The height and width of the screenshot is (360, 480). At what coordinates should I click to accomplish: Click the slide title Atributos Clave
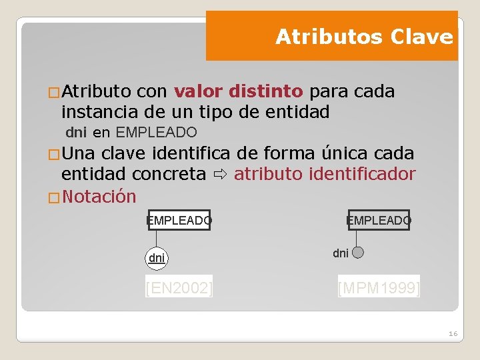364,37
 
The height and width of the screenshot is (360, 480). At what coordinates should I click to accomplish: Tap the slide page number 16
453,333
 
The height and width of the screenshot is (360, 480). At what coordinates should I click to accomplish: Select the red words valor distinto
238,91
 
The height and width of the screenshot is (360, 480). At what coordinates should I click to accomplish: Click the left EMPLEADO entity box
179,220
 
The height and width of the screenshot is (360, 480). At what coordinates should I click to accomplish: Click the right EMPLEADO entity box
379,220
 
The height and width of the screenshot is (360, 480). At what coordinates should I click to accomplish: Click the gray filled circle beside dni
357,253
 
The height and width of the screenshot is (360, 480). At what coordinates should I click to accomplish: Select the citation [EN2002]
179,288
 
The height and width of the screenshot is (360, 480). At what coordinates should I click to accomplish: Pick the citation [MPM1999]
379,288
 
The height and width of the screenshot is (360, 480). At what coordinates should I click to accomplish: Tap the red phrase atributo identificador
325,175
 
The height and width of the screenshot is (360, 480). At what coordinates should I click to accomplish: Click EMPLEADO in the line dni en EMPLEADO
156,132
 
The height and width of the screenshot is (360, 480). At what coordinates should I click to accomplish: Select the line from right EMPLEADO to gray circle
357,238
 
